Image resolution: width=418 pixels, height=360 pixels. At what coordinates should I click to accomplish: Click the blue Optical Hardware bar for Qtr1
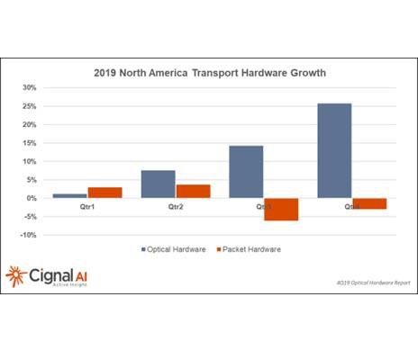point(69,195)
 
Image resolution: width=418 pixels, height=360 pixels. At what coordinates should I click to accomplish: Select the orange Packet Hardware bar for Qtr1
point(104,193)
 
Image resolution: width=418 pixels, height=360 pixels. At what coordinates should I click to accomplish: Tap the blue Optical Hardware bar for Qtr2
point(158,184)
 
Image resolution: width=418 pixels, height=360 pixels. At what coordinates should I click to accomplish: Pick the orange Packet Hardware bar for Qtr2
point(193,191)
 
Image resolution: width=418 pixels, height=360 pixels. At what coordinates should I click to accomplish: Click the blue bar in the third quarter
point(246,171)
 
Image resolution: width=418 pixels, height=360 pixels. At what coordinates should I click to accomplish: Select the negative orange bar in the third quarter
point(281,209)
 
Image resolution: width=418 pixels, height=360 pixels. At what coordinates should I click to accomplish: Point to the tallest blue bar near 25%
point(334,150)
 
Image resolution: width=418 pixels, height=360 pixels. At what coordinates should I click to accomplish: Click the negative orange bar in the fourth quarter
point(369,203)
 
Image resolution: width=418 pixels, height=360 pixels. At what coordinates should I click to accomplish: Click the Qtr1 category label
point(87,206)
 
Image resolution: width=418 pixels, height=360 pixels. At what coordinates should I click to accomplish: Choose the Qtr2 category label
point(176,206)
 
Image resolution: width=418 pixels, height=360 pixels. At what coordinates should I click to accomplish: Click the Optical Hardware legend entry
point(174,249)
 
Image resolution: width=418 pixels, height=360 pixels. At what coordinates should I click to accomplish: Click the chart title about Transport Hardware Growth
point(209,72)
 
